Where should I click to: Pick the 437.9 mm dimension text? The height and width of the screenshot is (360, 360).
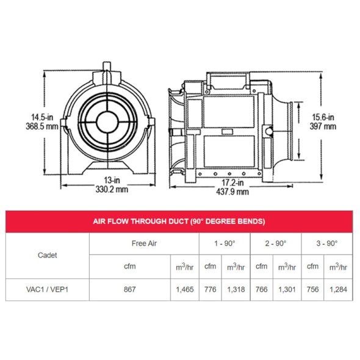click(x=232, y=192)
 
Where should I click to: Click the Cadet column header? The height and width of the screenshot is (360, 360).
click(x=48, y=255)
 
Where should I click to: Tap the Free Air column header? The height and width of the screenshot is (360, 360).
click(x=144, y=243)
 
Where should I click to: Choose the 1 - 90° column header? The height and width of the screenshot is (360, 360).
click(x=223, y=243)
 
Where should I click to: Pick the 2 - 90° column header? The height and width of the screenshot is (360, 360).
click(x=275, y=243)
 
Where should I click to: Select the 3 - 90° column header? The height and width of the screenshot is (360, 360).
click(x=326, y=243)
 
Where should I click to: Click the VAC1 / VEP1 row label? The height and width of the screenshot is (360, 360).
click(x=48, y=289)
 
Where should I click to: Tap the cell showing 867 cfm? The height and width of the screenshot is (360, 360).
click(x=129, y=289)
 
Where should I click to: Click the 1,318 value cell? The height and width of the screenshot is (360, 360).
click(x=235, y=289)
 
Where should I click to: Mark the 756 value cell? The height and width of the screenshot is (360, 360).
click(x=312, y=289)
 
